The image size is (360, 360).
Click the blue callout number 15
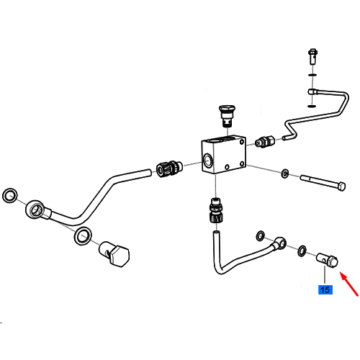[325, 289]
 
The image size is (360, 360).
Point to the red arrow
[349, 284]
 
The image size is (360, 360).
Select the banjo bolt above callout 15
[328, 261]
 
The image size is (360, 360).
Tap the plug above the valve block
[227, 116]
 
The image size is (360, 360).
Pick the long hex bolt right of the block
[323, 183]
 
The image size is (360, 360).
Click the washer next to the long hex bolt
[285, 174]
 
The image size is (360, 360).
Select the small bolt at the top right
[312, 57]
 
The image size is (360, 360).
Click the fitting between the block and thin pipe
[265, 142]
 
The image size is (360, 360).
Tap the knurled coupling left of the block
[169, 168]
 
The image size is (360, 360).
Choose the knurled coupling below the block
[216, 210]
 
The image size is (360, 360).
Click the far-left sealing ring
[10, 195]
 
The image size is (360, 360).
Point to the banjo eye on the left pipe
[35, 209]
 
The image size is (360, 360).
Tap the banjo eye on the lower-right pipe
[280, 243]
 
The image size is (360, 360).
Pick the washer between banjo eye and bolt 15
[302, 251]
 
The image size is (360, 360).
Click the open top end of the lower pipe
[216, 233]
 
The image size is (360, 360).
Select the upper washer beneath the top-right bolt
[312, 75]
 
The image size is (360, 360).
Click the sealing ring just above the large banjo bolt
[83, 235]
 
